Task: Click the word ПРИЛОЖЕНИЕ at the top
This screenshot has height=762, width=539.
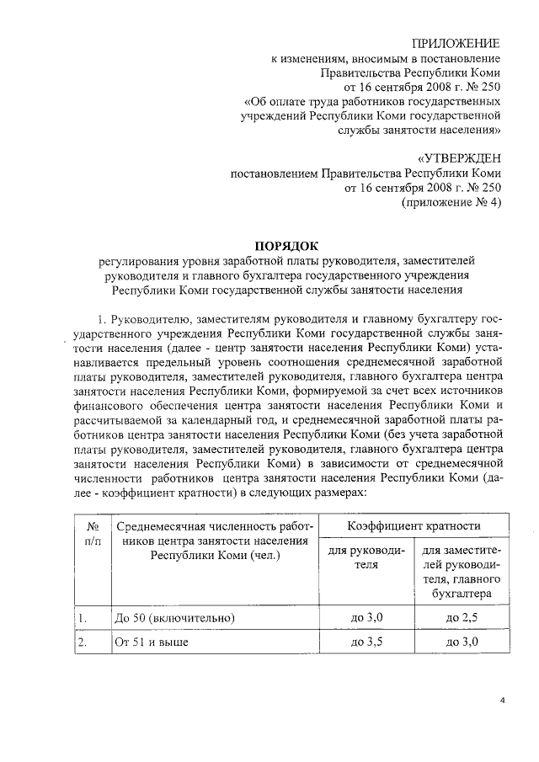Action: tap(456, 43)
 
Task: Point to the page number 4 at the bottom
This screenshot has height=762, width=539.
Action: tap(502, 700)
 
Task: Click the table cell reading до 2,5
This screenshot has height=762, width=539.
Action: tap(462, 617)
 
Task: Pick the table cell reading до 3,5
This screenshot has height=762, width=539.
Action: tap(366, 642)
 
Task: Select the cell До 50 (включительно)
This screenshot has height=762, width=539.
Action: tap(174, 618)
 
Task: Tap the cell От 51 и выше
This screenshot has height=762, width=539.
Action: tap(152, 642)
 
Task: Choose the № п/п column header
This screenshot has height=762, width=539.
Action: tap(93, 534)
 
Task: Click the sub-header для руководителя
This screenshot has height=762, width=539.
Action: tap(366, 557)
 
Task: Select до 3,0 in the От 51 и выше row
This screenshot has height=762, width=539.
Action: tap(462, 642)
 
